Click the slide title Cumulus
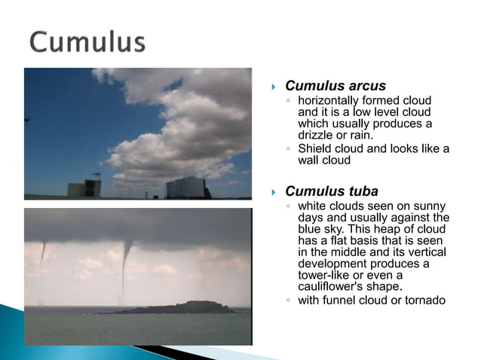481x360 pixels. click(87, 41)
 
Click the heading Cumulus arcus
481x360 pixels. click(335, 86)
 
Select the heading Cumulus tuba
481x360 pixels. click(332, 191)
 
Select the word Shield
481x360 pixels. click(315, 148)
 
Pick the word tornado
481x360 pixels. click(424, 301)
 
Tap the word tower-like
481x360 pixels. click(324, 276)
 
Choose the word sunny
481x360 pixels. click(428, 206)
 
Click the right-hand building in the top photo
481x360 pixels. click(185, 188)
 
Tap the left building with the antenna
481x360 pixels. click(84, 188)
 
